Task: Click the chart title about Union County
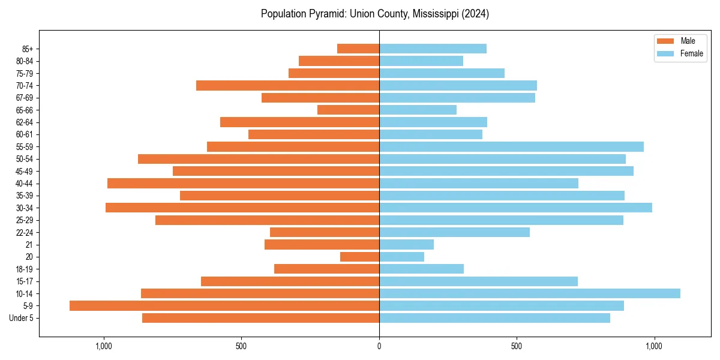coord(375,14)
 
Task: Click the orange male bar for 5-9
coord(224,305)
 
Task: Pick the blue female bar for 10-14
coord(530,293)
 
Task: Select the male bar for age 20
coord(359,257)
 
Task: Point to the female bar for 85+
coord(433,49)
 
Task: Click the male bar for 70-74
coord(287,85)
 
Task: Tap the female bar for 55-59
coord(511,146)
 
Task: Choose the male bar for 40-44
coord(243,183)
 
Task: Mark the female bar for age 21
coord(406,244)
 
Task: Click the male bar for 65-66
coord(348,110)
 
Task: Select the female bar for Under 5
coord(494,318)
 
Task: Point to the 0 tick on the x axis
coord(379,346)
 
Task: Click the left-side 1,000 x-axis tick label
coord(104,346)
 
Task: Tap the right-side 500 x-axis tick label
coord(517,346)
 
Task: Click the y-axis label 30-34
coord(25,208)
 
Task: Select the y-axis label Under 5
coord(22,318)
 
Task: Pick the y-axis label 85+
coord(27,49)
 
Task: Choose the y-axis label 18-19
coord(25,269)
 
